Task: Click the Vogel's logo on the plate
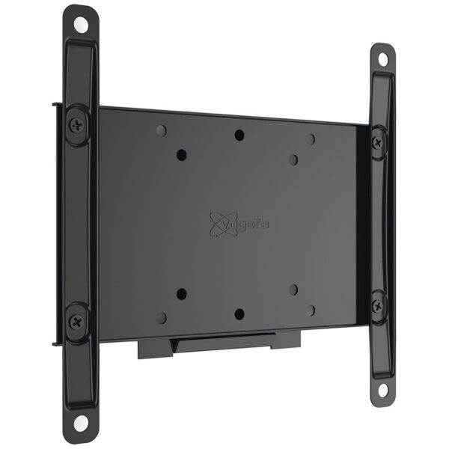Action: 239,224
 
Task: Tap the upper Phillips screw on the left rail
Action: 77,126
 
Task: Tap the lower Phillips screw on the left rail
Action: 76,321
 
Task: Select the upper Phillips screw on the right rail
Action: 378,142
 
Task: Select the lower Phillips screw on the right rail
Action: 377,306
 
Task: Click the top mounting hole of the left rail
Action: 81,25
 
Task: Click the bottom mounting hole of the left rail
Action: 81,422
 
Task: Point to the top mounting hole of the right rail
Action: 383,60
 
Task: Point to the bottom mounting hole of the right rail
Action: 382,390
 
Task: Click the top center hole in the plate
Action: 239,135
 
